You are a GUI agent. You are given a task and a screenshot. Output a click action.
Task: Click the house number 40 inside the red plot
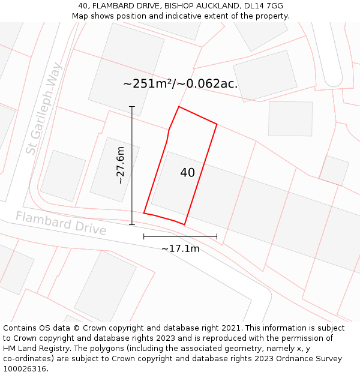pyautogui.click(x=187, y=173)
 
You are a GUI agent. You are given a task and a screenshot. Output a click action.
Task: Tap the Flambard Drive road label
pyautogui.click(x=61, y=223)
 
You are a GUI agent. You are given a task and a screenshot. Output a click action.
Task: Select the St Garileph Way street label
pyautogui.click(x=44, y=108)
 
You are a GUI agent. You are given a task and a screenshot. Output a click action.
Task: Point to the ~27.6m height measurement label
pyautogui.click(x=120, y=165)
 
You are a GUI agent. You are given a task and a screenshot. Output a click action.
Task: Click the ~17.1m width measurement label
pyautogui.click(x=180, y=248)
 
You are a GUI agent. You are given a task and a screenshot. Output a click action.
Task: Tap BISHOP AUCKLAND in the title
pyautogui.click(x=202, y=6)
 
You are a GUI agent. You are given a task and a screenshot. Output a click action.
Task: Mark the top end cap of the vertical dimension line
pyautogui.click(x=132, y=107)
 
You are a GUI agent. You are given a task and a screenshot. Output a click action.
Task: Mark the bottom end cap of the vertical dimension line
pyautogui.click(x=132, y=224)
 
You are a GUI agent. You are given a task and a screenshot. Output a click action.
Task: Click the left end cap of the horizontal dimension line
pyautogui.click(x=144, y=236)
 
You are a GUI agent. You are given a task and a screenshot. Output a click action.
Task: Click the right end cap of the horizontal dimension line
pyautogui.click(x=217, y=236)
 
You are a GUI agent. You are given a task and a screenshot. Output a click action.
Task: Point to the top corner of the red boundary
pyautogui.click(x=179, y=107)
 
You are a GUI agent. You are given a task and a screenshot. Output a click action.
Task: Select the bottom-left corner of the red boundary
pyautogui.click(x=144, y=212)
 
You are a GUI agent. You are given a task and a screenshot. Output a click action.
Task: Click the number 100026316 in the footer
pyautogui.click(x=25, y=368)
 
